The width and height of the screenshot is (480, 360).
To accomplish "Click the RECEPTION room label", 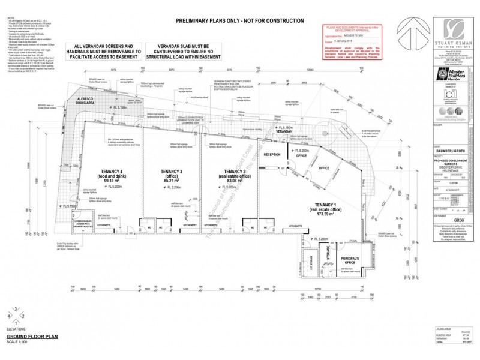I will [272, 155].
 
